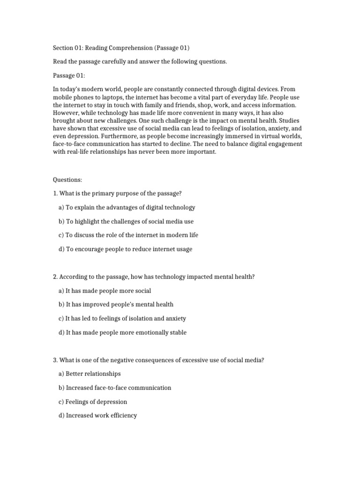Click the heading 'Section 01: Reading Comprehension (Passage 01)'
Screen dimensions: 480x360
pyautogui.click(x=121, y=48)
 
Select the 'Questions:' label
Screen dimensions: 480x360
pyautogui.click(x=67, y=180)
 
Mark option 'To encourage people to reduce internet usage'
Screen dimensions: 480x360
pyautogui.click(x=125, y=249)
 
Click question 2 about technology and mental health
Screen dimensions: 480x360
pyautogui.click(x=154, y=277)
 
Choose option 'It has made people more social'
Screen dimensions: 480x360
pyautogui.click(x=105, y=291)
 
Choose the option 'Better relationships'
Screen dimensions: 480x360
pyautogui.click(x=90, y=374)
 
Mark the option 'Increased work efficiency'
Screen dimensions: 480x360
pyautogui.click(x=97, y=415)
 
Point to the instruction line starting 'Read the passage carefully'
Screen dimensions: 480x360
pyautogui.click(x=140, y=62)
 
